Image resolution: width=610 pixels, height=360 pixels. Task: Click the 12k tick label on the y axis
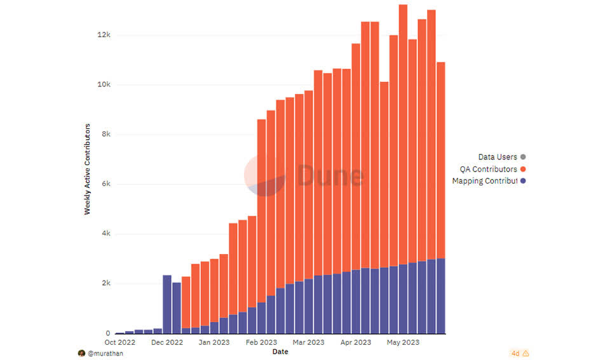click(103, 35)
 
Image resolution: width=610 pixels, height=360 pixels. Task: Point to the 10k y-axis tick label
click(103, 84)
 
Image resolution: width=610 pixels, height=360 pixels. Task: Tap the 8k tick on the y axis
click(105, 135)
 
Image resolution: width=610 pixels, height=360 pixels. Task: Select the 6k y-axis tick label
click(105, 184)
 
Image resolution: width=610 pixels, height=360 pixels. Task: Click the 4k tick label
click(105, 234)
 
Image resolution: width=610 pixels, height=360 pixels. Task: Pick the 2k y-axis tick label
click(105, 284)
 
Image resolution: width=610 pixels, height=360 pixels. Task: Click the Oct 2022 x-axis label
click(119, 342)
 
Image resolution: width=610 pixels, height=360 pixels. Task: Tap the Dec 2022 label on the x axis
click(168, 342)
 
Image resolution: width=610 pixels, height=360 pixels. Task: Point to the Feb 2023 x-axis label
click(261, 342)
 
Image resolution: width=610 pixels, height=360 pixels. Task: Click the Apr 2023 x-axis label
click(356, 342)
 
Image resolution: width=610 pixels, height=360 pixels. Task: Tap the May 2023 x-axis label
click(403, 342)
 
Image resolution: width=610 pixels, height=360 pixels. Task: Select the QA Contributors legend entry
click(488, 169)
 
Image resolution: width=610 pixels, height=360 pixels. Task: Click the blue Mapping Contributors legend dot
click(523, 181)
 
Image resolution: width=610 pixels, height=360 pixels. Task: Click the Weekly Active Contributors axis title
click(88, 169)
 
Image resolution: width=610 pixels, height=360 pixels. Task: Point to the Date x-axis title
click(280, 351)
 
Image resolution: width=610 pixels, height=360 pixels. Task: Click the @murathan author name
click(105, 353)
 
